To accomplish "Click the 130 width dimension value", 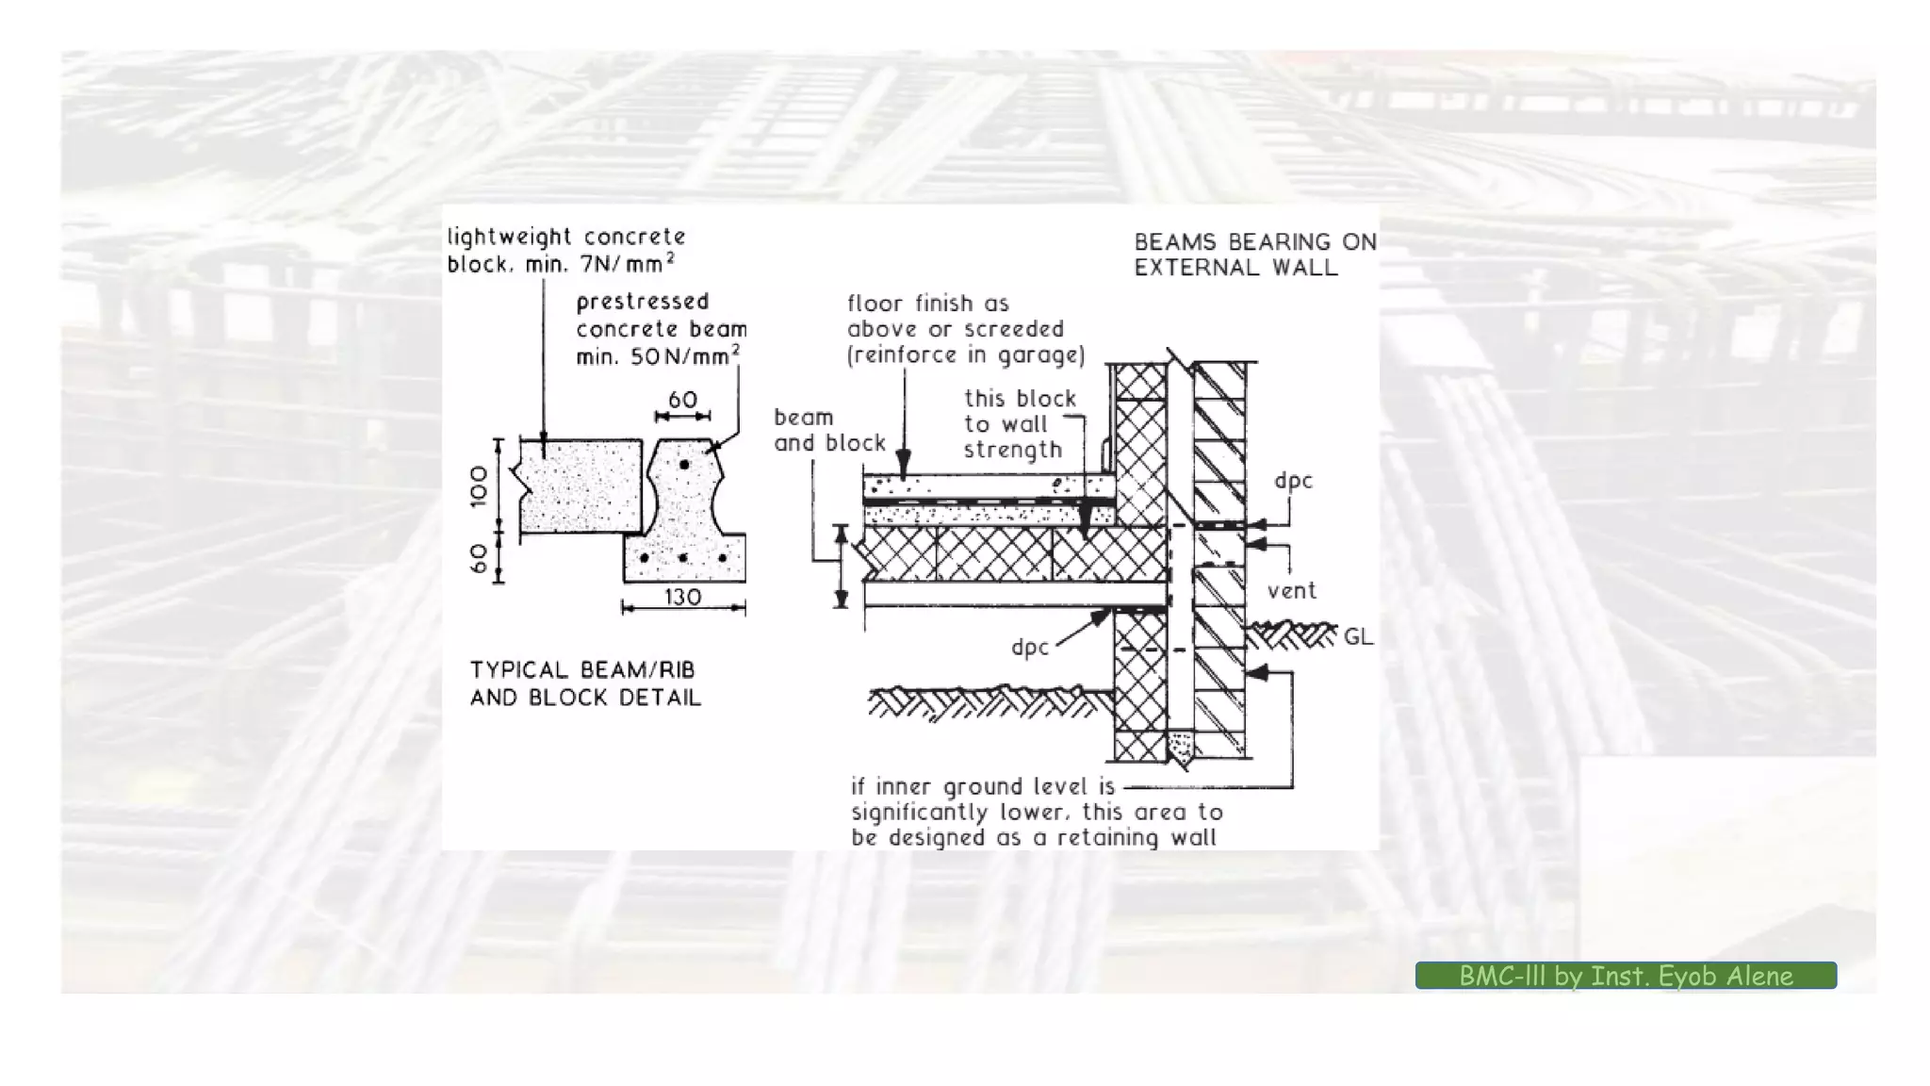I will (x=682, y=597).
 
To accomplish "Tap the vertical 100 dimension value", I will (x=480, y=485).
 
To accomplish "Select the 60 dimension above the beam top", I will (x=682, y=400).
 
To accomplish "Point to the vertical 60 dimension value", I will (x=480, y=558).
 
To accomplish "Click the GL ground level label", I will (x=1358, y=637).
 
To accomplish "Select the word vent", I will (x=1291, y=591).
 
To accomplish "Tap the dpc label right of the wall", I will (x=1293, y=481).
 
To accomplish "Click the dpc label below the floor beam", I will (x=1029, y=648).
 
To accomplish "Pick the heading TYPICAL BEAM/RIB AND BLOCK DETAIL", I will (x=585, y=683).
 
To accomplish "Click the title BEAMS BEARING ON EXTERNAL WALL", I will (x=1254, y=255).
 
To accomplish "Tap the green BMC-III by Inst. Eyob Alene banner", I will (x=1626, y=976).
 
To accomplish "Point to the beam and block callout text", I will (x=829, y=430).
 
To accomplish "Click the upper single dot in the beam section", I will (x=684, y=465).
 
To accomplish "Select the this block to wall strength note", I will (x=1018, y=424).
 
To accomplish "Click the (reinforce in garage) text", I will (x=966, y=355).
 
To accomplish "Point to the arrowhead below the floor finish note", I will (x=904, y=464).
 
